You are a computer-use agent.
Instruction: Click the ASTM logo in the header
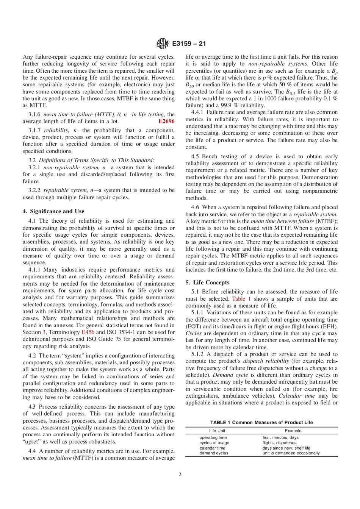point(163,44)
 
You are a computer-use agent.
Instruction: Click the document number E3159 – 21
point(189,44)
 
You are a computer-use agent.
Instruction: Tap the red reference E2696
point(166,121)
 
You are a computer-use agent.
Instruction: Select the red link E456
point(88,332)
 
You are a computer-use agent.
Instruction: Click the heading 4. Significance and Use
point(53,211)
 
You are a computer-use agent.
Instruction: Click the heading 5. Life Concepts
point(207,283)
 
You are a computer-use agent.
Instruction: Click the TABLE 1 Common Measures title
point(261,422)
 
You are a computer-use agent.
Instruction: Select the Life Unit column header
point(217,431)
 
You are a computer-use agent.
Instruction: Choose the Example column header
point(293,431)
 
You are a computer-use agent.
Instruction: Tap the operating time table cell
point(213,437)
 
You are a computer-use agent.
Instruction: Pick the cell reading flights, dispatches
point(279,443)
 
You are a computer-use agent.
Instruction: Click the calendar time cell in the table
point(212,448)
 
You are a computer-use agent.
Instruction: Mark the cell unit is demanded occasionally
point(291,453)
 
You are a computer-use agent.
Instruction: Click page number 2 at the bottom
point(180,474)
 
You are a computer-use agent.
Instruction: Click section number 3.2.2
point(34,190)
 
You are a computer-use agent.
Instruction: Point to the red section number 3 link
point(44,332)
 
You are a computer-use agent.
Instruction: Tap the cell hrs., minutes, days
point(280,437)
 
